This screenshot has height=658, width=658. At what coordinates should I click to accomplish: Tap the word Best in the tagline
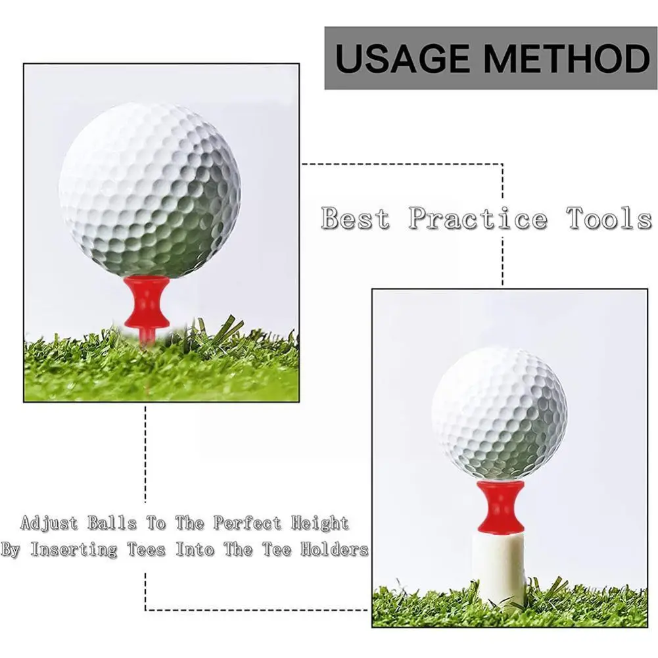point(355,218)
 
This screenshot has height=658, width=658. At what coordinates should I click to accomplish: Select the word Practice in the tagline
point(477,218)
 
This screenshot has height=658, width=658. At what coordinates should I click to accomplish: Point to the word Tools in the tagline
point(609,218)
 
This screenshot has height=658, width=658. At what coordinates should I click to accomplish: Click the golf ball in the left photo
point(150,190)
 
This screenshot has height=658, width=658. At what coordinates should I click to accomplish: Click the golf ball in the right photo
point(500,412)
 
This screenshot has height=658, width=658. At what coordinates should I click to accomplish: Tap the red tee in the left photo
point(147,303)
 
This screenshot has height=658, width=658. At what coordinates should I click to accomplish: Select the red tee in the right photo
point(501,506)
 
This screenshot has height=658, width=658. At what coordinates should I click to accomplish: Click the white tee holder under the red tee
point(501,565)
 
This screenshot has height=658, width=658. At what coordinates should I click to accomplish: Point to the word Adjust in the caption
point(49,524)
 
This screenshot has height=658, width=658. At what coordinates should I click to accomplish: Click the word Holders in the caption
point(335,550)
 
